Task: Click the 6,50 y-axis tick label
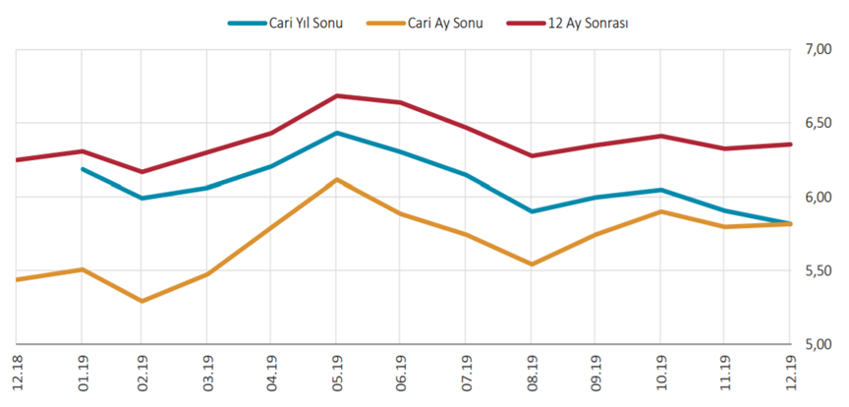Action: coord(819,123)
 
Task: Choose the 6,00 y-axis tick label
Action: coord(819,197)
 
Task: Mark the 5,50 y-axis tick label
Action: coord(819,270)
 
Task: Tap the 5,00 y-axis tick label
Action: coord(819,344)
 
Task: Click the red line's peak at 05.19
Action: coord(337,95)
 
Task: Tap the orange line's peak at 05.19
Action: coord(337,179)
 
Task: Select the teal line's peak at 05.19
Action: coord(337,132)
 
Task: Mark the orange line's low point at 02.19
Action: coord(142,301)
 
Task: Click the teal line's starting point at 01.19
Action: coord(83,169)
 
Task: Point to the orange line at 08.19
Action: coord(532,264)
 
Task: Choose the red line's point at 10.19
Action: coord(661,136)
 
